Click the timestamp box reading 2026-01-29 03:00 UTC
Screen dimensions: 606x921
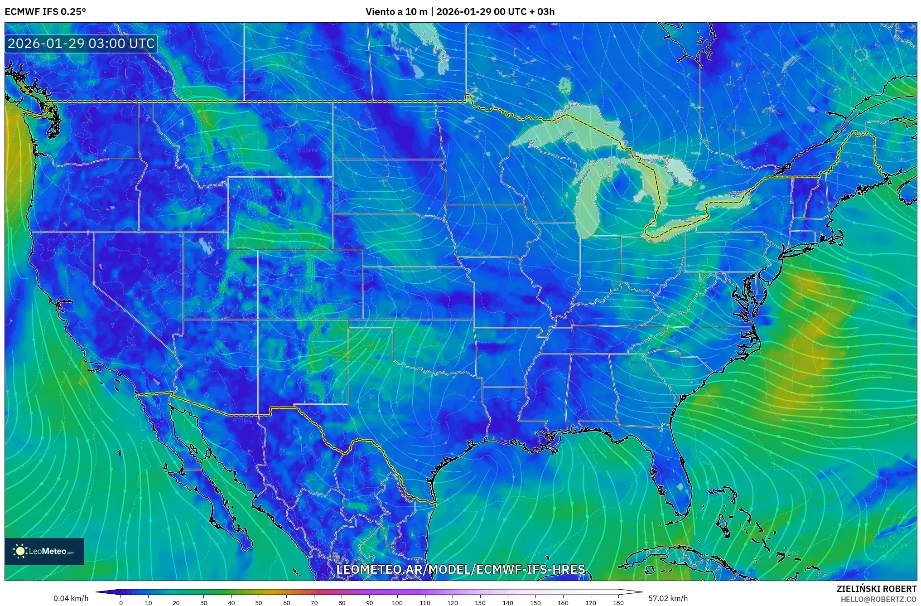point(81,44)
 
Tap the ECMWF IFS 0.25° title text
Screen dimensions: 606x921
point(45,11)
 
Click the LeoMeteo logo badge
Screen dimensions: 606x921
point(44,551)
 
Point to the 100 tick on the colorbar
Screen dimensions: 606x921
point(397,603)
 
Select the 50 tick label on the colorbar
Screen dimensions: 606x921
point(259,603)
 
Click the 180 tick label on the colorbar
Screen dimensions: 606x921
point(618,603)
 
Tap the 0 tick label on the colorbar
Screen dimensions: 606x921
point(121,603)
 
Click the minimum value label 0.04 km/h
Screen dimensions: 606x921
point(71,598)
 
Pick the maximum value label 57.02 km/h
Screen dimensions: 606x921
point(668,598)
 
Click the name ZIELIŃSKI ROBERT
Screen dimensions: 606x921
point(876,589)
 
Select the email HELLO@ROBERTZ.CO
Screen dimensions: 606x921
point(878,599)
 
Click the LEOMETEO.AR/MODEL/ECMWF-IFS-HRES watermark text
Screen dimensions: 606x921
point(460,569)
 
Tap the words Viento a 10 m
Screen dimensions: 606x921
point(396,11)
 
